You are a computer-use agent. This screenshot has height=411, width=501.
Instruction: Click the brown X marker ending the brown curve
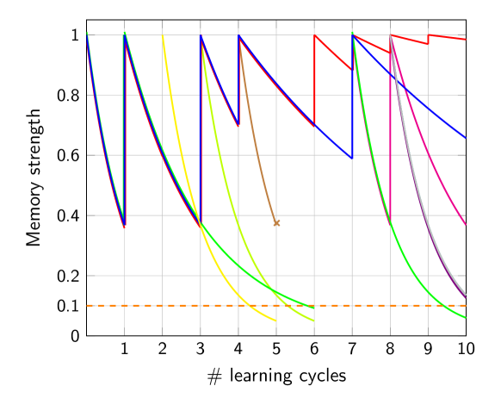(276, 222)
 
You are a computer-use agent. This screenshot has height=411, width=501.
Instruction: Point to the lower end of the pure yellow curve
(276, 321)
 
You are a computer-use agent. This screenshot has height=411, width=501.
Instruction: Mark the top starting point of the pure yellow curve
(163, 36)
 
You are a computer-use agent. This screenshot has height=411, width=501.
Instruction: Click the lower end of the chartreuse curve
(314, 321)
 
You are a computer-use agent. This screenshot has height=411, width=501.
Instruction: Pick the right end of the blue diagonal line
(466, 138)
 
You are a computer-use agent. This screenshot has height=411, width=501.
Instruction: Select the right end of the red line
(466, 39)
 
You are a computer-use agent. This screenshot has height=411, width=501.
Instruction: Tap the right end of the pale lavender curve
(466, 296)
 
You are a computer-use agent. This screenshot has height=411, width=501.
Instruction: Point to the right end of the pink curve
(466, 226)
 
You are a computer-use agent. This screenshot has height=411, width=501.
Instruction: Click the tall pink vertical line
(391, 129)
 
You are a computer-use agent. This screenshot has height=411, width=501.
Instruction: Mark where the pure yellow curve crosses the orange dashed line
(244, 305)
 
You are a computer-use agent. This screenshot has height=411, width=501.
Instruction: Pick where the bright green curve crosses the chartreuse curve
(277, 293)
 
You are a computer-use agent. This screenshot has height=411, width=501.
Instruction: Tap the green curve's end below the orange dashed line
(466, 318)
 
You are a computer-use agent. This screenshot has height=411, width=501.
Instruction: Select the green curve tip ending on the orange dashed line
(314, 306)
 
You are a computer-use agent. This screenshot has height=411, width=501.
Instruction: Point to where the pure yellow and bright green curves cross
(201, 226)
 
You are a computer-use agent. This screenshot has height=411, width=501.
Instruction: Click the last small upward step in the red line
(428, 40)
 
